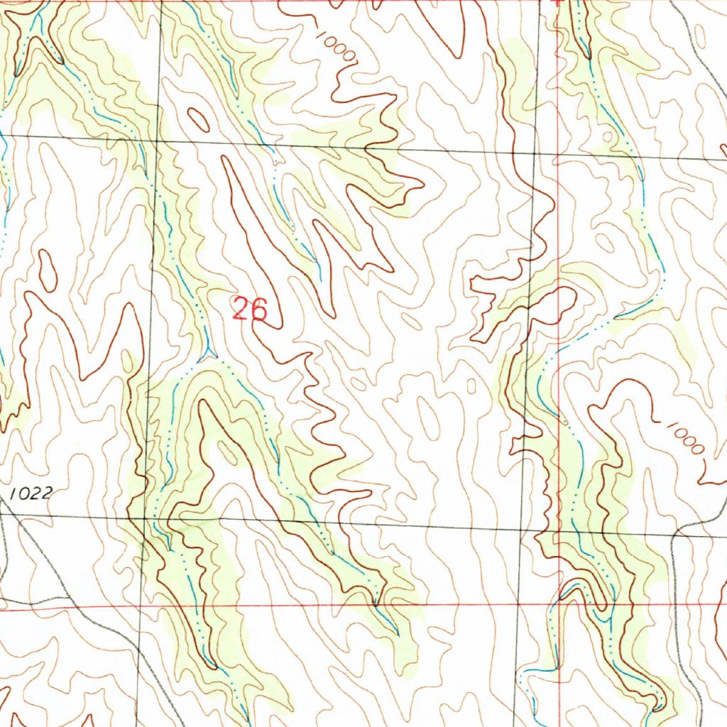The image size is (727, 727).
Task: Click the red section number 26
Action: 249,310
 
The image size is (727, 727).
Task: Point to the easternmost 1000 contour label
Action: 684,436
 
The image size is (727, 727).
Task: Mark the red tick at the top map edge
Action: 557,4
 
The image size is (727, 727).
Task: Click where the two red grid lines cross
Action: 559,606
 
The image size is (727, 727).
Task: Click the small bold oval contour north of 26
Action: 199,120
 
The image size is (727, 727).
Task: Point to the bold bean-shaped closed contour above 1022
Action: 48,270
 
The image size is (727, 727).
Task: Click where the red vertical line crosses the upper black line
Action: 558,153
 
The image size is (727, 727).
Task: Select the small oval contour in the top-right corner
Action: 700,35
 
